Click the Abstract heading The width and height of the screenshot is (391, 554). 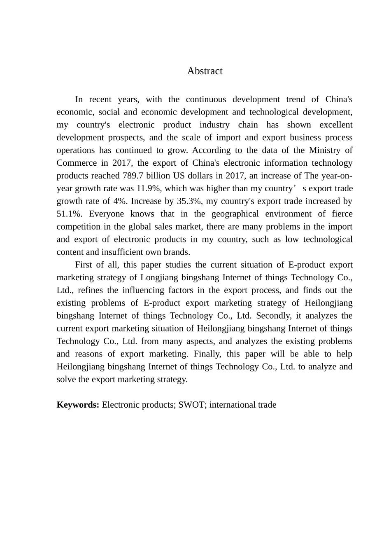click(205, 71)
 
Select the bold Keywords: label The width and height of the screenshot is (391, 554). click(78, 405)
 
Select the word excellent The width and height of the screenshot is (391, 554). click(336, 124)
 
